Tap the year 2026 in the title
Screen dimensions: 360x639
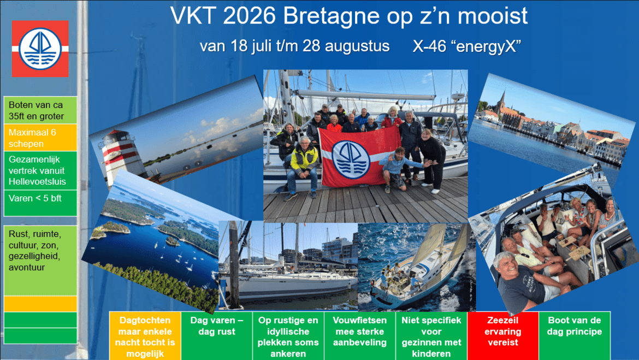pyautogui.click(x=248, y=16)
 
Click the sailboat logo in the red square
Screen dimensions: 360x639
pyautogui.click(x=40, y=49)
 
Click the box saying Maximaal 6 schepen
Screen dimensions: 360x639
pyautogui.click(x=40, y=138)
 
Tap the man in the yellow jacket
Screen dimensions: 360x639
pyautogui.click(x=304, y=162)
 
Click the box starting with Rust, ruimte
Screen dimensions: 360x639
pyautogui.click(x=40, y=259)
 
